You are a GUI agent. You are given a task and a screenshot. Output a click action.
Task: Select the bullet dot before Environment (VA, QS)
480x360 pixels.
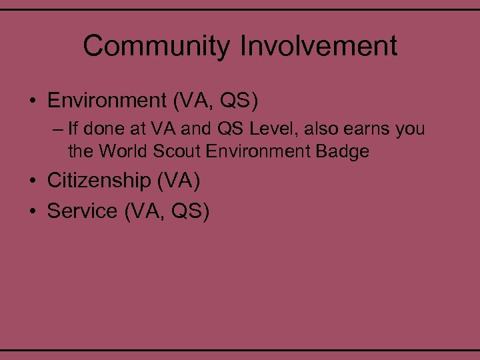pyautogui.click(x=33, y=102)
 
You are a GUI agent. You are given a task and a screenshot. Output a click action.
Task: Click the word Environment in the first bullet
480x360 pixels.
pyautogui.click(x=106, y=101)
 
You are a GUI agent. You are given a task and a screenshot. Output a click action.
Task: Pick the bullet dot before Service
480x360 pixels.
pyautogui.click(x=33, y=212)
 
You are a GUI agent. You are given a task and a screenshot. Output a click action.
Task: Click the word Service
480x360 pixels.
pyautogui.click(x=82, y=211)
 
